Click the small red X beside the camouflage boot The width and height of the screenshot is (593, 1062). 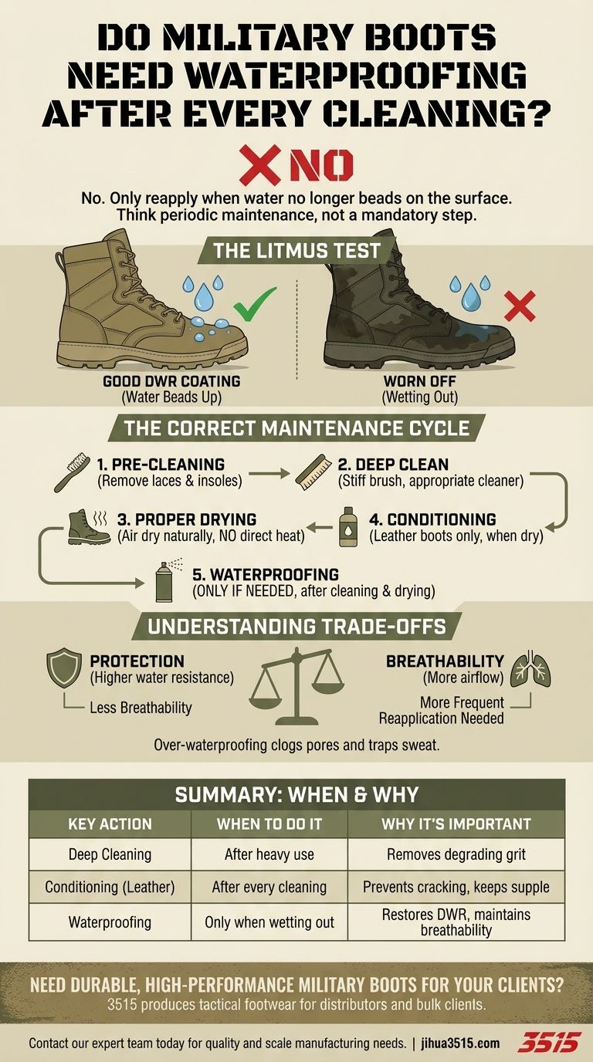519,306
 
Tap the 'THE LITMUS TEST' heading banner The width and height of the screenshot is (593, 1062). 296,251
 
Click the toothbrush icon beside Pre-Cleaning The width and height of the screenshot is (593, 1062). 72,472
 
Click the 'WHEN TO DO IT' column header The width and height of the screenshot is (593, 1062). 269,824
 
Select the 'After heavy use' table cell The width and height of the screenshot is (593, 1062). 269,854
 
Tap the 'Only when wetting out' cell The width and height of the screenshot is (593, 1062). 269,922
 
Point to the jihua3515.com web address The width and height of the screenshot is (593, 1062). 460,1043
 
